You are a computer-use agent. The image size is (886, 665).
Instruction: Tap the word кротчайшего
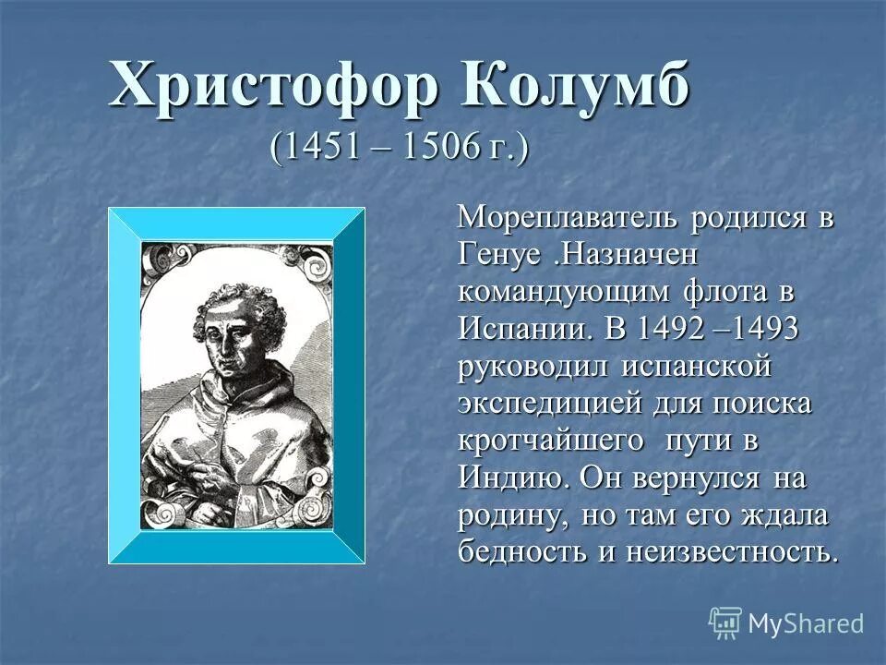coord(551,440)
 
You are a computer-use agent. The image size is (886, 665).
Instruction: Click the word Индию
coord(511,477)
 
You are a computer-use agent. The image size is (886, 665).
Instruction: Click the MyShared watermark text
coord(805,623)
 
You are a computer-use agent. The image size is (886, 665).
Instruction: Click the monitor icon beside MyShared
coord(725,623)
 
